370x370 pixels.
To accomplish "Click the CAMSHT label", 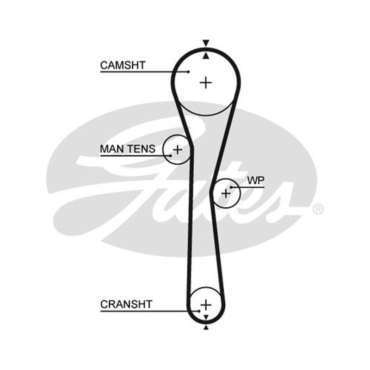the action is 123,65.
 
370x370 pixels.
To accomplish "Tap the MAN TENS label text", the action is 128,149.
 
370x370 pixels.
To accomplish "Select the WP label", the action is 256,180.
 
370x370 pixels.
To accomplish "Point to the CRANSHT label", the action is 126,304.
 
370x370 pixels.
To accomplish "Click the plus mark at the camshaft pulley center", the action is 206,83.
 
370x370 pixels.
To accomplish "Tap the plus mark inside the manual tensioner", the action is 178,149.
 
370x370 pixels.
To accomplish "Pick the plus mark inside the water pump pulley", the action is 226,193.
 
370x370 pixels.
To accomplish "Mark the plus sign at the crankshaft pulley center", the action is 206,305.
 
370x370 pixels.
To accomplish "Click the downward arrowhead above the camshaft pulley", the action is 206,43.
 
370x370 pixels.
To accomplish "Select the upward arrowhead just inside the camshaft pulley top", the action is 206,55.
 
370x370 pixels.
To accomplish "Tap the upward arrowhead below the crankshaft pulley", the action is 206,327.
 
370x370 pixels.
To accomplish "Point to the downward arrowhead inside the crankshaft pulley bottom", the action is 206,317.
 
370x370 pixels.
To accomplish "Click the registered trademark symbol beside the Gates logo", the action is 318,209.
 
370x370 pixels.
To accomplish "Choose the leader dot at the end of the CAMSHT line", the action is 188,72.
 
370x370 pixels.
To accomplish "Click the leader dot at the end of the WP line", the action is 231,187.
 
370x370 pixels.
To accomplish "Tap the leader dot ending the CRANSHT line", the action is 199,311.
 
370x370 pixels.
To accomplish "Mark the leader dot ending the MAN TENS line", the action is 170,156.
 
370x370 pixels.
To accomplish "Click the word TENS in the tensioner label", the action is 142,149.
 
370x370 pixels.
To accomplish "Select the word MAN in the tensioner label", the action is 112,149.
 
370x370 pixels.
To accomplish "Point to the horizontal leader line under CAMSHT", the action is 144,72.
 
